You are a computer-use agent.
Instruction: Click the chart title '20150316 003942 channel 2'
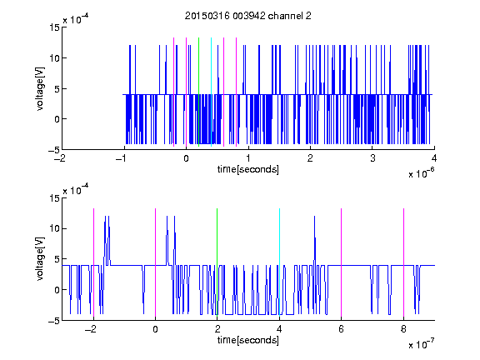248,16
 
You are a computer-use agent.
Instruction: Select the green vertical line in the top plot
199,92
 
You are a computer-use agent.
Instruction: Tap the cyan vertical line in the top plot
211,92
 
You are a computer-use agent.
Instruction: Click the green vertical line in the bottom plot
217,262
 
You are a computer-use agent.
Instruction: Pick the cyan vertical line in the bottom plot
279,262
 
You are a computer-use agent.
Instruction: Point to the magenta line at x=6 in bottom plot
342,263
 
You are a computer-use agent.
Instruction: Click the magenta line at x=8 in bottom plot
404,263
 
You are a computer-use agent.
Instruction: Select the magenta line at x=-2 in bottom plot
93,263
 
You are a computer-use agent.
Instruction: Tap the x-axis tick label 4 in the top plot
434,158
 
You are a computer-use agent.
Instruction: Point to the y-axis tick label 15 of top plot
54,27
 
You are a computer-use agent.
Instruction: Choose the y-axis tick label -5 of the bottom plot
54,321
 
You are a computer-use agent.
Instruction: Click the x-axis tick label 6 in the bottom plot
342,329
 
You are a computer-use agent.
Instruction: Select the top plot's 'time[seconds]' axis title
248,169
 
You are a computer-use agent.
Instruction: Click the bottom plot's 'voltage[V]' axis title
40,258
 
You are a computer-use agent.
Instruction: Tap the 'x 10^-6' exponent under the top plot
421,173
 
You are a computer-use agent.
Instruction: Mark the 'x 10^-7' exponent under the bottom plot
421,344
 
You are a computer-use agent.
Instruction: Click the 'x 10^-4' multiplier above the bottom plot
76,190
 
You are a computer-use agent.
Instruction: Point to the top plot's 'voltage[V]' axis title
40,88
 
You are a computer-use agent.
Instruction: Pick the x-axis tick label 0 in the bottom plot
155,329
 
